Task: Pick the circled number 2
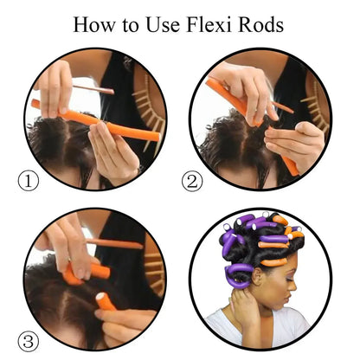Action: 192,182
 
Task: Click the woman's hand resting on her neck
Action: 242,303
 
